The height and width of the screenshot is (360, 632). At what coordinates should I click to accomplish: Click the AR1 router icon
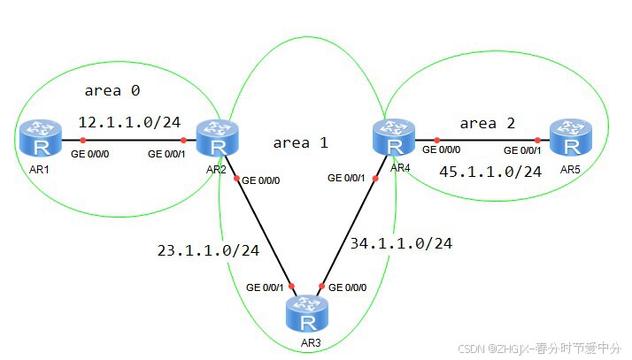[x=38, y=139]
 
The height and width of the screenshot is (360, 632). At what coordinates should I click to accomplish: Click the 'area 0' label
[x=112, y=90]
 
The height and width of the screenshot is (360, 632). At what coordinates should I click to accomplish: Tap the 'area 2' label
[x=487, y=123]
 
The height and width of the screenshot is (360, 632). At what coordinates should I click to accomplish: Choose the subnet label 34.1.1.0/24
[x=401, y=242]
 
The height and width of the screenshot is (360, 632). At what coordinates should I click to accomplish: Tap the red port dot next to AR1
[x=82, y=140]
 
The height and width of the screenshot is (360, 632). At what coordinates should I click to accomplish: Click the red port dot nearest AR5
[x=537, y=139]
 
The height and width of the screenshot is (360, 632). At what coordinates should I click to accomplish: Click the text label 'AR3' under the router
[x=306, y=341]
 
